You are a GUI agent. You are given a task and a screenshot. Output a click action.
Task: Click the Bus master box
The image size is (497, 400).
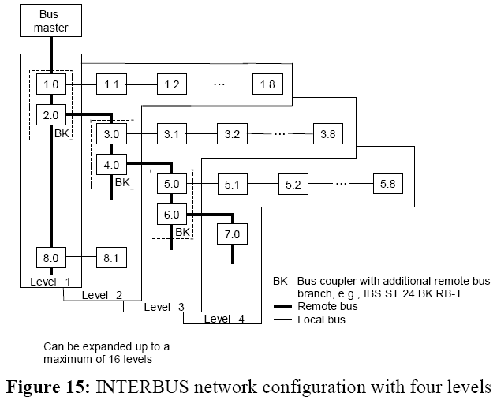point(50,20)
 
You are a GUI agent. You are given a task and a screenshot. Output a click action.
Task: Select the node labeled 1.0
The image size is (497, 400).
point(51,83)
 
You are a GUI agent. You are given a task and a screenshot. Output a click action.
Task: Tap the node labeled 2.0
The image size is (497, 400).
point(51,114)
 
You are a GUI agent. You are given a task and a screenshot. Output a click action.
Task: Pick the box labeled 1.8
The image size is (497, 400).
point(266,83)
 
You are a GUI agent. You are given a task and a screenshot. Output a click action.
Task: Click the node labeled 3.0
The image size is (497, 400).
point(111,134)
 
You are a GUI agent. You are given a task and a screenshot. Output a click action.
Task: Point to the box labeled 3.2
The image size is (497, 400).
point(232,134)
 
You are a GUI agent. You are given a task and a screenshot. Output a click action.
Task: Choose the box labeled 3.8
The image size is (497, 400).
point(327,134)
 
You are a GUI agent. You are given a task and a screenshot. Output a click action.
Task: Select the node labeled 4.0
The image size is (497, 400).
point(111,166)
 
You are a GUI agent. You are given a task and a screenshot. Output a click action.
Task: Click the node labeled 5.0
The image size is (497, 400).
point(171,185)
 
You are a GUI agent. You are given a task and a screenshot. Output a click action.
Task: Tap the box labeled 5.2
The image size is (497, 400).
point(293,185)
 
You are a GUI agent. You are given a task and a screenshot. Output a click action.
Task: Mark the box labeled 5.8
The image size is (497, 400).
point(387,185)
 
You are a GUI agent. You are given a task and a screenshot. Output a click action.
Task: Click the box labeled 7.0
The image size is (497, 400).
point(232,235)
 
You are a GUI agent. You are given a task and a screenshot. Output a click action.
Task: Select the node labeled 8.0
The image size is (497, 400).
point(51,257)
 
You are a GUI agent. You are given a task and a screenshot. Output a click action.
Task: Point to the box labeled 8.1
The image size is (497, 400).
point(111,257)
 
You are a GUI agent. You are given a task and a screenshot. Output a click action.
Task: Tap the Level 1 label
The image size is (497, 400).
point(50,281)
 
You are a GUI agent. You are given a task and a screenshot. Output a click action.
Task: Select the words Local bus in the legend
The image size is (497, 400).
point(322,320)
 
